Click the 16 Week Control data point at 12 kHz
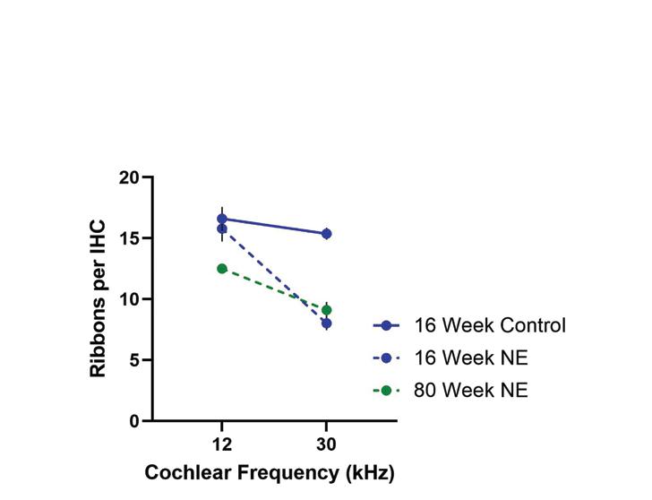(222, 219)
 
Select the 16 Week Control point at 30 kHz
(327, 234)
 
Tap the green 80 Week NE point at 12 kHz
(222, 269)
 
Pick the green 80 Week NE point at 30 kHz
(327, 310)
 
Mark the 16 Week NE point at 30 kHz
(327, 323)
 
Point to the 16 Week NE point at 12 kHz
(222, 228)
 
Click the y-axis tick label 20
(129, 178)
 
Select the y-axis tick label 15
(129, 238)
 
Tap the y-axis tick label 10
(129, 299)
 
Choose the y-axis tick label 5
(134, 360)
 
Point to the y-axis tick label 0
(134, 421)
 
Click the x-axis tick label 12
(222, 444)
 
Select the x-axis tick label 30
(326, 444)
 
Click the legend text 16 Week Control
(490, 325)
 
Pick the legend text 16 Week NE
(471, 358)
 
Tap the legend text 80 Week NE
(471, 390)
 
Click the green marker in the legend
(386, 391)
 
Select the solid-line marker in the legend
(386, 325)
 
